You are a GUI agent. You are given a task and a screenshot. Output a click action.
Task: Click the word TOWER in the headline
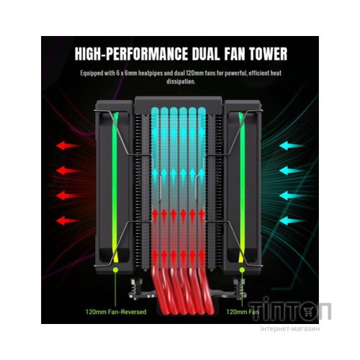pos(268,54)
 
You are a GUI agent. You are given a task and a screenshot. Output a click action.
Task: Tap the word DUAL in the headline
pos(206,54)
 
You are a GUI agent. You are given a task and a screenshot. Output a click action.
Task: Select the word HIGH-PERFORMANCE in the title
pos(131,54)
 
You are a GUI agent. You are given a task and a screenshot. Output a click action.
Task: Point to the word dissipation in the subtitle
pos(181,81)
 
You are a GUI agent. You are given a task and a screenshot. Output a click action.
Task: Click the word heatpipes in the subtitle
pos(150,73)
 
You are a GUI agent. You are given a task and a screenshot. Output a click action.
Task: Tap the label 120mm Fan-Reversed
pos(116,312)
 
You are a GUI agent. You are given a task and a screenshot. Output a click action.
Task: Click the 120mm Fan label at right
pos(243,312)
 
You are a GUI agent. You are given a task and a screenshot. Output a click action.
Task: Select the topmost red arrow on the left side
pos(68,145)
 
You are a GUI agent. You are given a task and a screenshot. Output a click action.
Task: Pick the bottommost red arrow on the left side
pos(68,220)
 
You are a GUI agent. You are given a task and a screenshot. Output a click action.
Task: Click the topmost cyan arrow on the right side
pos(292,145)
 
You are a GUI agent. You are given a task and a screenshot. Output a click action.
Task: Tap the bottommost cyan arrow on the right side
pos(292,220)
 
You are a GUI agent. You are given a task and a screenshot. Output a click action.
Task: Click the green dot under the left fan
pos(116,270)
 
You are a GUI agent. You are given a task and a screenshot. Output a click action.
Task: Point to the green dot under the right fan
pos(242,270)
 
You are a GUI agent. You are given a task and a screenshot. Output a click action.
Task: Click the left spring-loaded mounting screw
pos(135,289)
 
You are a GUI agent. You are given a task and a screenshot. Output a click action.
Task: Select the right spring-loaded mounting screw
pos(238,289)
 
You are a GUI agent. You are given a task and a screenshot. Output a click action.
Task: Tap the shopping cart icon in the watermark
pos(308,312)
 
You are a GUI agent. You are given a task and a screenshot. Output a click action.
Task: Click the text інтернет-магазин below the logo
pos(290,328)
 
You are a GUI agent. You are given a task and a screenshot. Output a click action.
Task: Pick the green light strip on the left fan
pos(115,187)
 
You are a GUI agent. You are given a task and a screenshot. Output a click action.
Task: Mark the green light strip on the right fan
pos(241,187)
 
